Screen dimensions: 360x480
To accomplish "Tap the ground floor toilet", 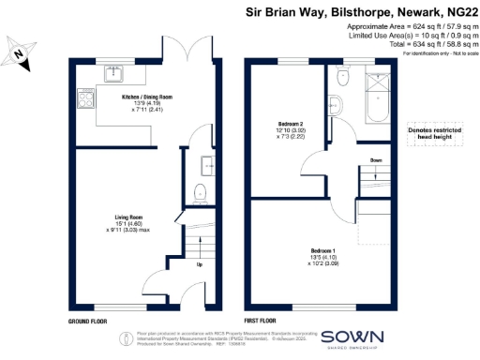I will tap(199, 195).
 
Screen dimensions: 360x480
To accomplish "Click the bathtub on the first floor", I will tap(378, 100).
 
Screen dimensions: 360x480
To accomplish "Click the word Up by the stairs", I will tap(197, 263).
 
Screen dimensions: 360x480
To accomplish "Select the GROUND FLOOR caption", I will tap(86, 321).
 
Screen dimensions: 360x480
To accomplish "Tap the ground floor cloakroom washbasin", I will tap(206, 167).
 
